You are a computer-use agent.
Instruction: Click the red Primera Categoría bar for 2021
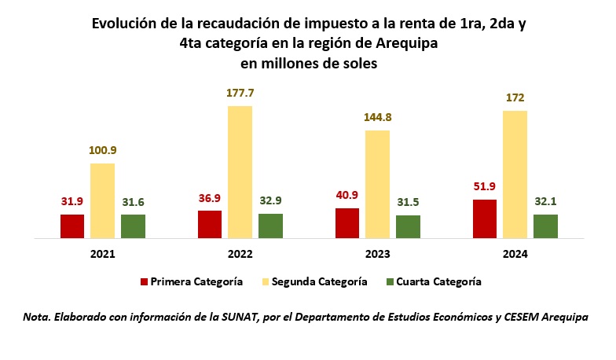point(72,226)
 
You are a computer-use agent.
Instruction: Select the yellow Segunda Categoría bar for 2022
point(240,172)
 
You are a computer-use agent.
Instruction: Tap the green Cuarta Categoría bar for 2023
point(409,226)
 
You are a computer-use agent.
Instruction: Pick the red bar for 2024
point(485,219)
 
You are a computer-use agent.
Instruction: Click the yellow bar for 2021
point(102,201)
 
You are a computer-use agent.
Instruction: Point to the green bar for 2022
point(270,226)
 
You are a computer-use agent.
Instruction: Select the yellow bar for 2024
point(515,174)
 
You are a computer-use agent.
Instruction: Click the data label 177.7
point(240,93)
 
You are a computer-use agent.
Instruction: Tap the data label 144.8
point(377,118)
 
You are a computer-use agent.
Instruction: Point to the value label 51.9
point(484,186)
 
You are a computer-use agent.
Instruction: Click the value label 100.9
point(102,151)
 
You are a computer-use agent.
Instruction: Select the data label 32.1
point(545,201)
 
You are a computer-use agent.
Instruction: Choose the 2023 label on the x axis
point(377,255)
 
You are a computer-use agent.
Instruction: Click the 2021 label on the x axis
point(102,255)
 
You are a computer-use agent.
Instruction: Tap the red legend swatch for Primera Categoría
point(145,281)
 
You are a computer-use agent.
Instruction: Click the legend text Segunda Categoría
point(319,281)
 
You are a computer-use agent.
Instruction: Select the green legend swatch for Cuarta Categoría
point(390,281)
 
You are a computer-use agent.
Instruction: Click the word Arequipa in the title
point(407,43)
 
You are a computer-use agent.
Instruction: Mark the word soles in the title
point(360,63)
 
